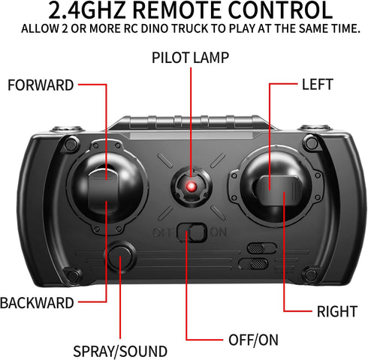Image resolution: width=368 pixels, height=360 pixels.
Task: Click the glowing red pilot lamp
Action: click(192, 187)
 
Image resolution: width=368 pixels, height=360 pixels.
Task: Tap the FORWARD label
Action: click(41, 85)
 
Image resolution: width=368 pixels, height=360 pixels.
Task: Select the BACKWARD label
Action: click(37, 303)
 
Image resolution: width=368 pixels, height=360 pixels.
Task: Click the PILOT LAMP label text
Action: click(190, 58)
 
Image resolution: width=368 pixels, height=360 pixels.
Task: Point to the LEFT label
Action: click(318, 85)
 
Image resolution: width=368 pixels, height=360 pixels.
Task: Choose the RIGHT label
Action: click(337, 311)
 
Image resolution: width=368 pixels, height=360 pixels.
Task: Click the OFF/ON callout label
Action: click(253, 340)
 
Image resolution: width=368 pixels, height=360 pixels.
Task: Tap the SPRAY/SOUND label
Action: click(120, 351)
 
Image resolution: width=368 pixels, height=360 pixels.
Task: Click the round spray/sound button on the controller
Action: click(120, 256)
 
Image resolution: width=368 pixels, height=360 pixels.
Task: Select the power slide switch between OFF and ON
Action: click(192, 232)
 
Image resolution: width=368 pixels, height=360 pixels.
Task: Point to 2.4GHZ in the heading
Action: click(86, 10)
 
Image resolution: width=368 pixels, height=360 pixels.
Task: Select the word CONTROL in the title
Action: click(280, 10)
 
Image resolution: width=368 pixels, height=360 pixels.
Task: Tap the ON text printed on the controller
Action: click(219, 232)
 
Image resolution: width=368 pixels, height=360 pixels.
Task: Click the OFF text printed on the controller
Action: click(164, 232)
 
